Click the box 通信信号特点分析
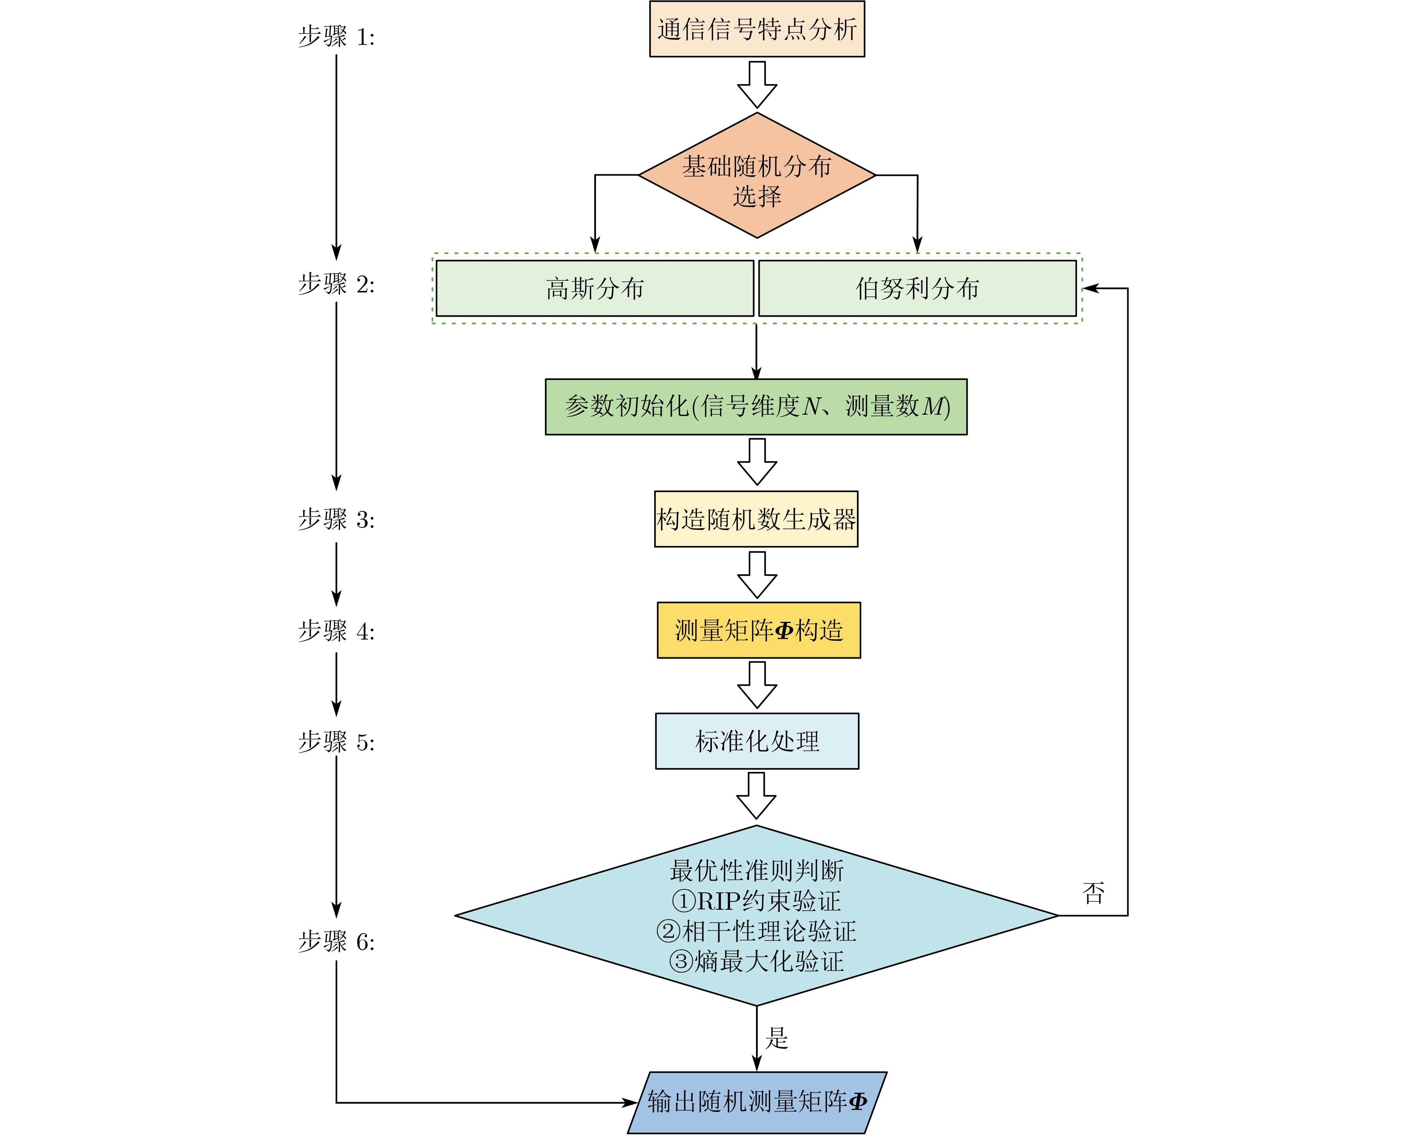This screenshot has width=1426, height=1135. click(757, 29)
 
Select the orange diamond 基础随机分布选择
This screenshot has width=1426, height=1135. click(757, 176)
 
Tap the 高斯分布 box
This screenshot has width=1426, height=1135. click(595, 288)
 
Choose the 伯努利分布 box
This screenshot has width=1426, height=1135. click(917, 288)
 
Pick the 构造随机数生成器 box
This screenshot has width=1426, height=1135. click(756, 519)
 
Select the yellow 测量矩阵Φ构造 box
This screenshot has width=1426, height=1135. click(759, 631)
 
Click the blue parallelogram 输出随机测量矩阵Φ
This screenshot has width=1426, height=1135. click(757, 1102)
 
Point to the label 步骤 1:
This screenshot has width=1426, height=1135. click(336, 36)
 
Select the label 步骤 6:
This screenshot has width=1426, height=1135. click(336, 941)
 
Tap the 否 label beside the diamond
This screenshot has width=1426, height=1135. click(1093, 893)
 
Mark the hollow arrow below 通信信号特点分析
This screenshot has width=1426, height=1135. click(757, 85)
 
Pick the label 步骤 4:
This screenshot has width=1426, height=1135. click(336, 631)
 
